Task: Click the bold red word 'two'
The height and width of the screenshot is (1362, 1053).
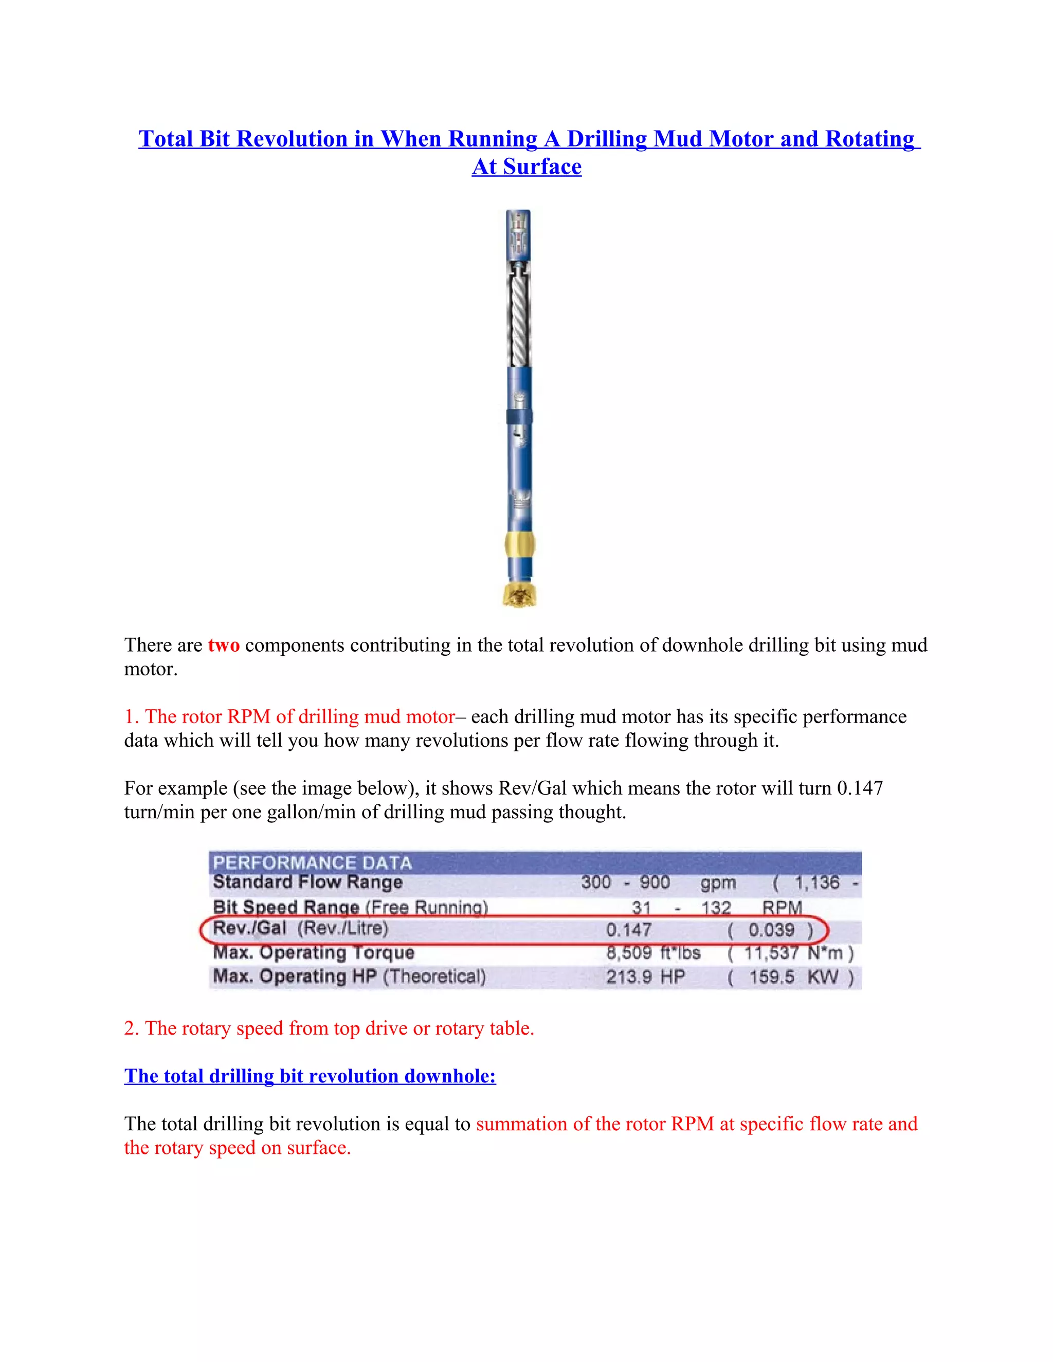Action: (x=223, y=645)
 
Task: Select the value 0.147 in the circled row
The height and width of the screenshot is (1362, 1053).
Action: (x=628, y=930)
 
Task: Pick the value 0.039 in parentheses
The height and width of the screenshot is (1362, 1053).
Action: (x=772, y=930)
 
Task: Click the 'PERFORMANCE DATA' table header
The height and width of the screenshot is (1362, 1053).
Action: (x=312, y=862)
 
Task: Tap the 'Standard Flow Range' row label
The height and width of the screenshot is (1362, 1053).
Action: (x=307, y=882)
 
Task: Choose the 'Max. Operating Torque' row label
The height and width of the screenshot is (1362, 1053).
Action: (x=313, y=953)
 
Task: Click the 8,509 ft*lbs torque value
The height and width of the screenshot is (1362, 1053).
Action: (x=652, y=953)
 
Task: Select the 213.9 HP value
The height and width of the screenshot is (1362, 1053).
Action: (x=645, y=977)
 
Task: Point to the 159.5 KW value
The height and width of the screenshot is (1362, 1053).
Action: (x=793, y=977)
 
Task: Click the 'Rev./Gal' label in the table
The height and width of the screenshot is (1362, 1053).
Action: (x=249, y=929)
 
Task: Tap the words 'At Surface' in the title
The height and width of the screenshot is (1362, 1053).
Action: (x=526, y=167)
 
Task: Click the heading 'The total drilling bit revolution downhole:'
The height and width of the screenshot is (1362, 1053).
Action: (x=310, y=1076)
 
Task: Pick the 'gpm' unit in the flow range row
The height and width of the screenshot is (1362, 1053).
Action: (x=717, y=883)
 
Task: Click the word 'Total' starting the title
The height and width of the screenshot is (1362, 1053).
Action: (x=166, y=139)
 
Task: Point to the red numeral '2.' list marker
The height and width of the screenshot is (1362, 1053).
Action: (x=131, y=1028)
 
